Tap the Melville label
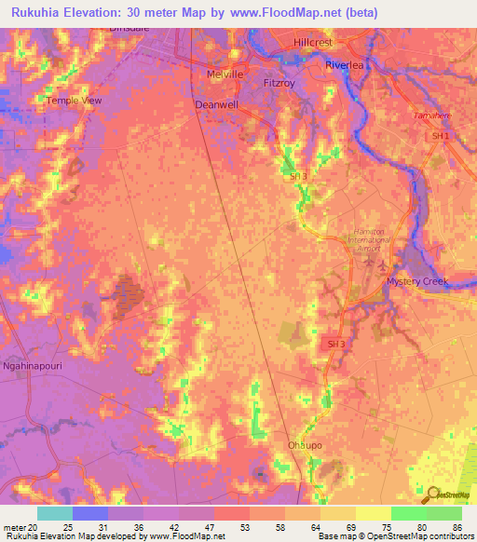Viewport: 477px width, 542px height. (224, 75)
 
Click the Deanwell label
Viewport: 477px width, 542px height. (218, 105)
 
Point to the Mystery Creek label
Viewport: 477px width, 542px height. (417, 281)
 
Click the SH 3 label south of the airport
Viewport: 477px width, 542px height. (335, 344)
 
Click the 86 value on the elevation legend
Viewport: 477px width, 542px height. (457, 527)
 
